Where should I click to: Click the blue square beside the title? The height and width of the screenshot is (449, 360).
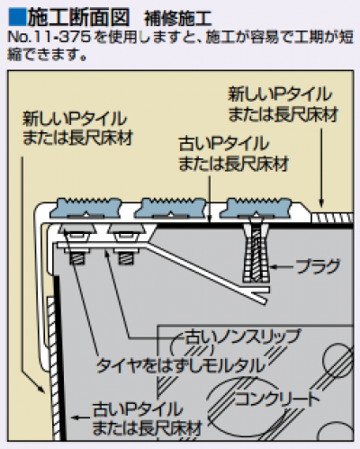[17, 17]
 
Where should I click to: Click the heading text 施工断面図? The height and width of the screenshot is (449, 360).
[78, 17]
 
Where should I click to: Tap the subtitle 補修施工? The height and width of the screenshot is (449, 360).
[178, 19]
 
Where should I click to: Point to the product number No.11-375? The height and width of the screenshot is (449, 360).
[49, 37]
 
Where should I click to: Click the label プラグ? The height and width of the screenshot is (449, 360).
[318, 266]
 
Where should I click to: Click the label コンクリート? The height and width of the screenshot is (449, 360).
[276, 400]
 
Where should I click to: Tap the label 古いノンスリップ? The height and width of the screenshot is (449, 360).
[242, 337]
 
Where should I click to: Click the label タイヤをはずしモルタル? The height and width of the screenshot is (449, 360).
[181, 365]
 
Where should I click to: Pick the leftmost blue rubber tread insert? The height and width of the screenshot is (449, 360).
[85, 207]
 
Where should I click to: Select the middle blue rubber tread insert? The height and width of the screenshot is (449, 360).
[170, 207]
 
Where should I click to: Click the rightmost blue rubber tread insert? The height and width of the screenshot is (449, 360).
[256, 207]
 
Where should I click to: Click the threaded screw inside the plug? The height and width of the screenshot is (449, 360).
[256, 255]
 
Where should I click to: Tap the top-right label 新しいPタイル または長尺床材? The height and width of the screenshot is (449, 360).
[283, 104]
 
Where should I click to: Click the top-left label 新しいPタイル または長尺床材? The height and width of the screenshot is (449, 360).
[77, 128]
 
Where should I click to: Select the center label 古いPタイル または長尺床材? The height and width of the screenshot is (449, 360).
[233, 153]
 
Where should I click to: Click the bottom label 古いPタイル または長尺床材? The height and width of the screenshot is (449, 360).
[147, 418]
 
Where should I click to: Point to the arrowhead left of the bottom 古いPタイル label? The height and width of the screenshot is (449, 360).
[75, 418]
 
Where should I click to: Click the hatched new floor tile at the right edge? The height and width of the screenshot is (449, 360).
[332, 217]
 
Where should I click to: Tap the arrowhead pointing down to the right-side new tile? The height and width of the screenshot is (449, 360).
[321, 203]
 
